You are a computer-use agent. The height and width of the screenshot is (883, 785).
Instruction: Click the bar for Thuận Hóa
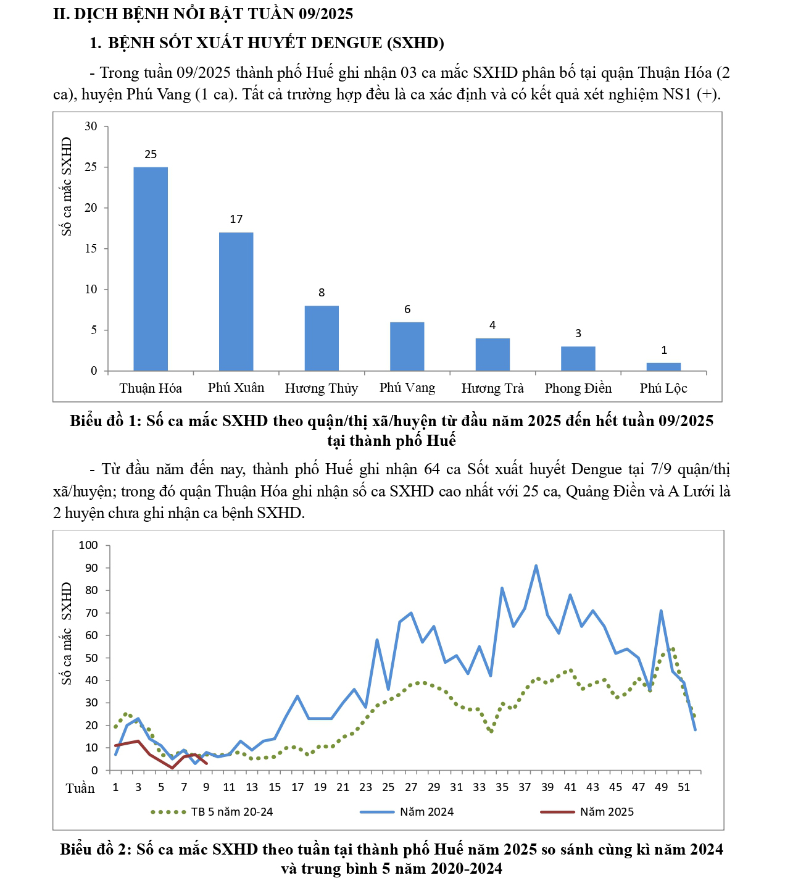[x=151, y=269]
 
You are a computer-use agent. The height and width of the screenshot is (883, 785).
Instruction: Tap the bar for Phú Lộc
[x=663, y=367]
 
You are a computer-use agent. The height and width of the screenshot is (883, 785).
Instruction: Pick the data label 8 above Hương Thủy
[x=322, y=293]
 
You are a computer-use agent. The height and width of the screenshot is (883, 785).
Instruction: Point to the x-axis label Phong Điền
[x=578, y=388]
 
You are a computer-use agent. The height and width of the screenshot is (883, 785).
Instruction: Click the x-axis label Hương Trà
[x=492, y=388]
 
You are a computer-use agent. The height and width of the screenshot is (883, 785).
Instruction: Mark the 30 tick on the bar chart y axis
[x=91, y=127]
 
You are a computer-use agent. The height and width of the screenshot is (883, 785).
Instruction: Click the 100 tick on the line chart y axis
[x=89, y=545]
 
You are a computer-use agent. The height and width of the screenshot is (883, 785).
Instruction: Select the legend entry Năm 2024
[x=426, y=812]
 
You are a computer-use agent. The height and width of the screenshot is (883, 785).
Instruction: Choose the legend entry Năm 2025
[x=607, y=812]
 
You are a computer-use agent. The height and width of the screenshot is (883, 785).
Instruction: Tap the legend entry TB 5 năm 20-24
[x=232, y=812]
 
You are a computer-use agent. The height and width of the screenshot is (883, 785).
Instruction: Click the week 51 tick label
[x=684, y=787]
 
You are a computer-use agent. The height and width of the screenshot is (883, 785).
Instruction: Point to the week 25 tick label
[x=388, y=787]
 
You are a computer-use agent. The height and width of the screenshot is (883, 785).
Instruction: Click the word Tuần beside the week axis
[x=80, y=789]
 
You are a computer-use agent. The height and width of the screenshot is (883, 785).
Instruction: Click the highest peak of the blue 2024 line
[x=536, y=566]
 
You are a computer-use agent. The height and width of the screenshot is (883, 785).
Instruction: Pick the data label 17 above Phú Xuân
[x=236, y=219]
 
